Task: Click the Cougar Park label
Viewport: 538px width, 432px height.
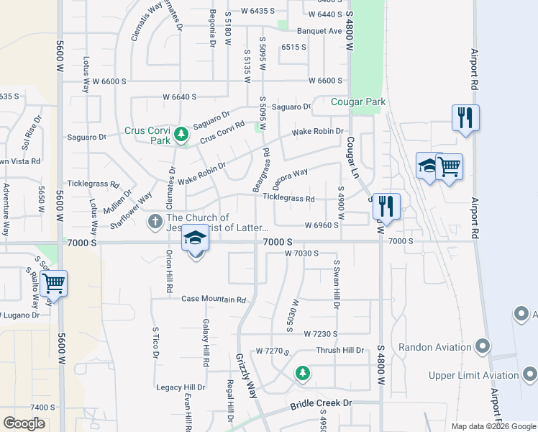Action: point(358,102)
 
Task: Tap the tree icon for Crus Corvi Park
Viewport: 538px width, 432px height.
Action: point(182,134)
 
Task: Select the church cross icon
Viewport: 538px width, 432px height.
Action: point(155,222)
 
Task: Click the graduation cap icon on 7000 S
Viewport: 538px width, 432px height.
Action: point(194,239)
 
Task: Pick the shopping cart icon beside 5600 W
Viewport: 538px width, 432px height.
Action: point(54,282)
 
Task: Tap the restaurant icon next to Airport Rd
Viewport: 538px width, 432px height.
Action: point(465,117)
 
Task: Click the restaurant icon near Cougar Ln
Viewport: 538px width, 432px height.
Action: point(387,206)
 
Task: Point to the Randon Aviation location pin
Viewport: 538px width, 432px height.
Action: point(483,347)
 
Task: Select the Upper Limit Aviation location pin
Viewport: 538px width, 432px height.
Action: point(529,374)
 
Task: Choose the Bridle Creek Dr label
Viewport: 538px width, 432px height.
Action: point(322,405)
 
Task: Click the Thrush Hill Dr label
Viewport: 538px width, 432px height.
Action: point(339,351)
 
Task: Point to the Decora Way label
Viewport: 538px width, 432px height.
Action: point(291,176)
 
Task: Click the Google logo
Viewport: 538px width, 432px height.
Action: point(24,423)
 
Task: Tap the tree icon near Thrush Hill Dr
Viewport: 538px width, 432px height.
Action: point(303,373)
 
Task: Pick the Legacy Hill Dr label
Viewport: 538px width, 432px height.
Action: point(180,387)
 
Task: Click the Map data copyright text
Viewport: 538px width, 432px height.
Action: point(493,426)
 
